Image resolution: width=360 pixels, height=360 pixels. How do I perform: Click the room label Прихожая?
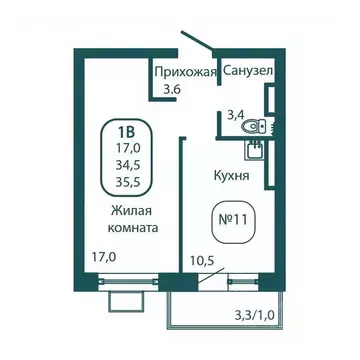click(184, 71)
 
